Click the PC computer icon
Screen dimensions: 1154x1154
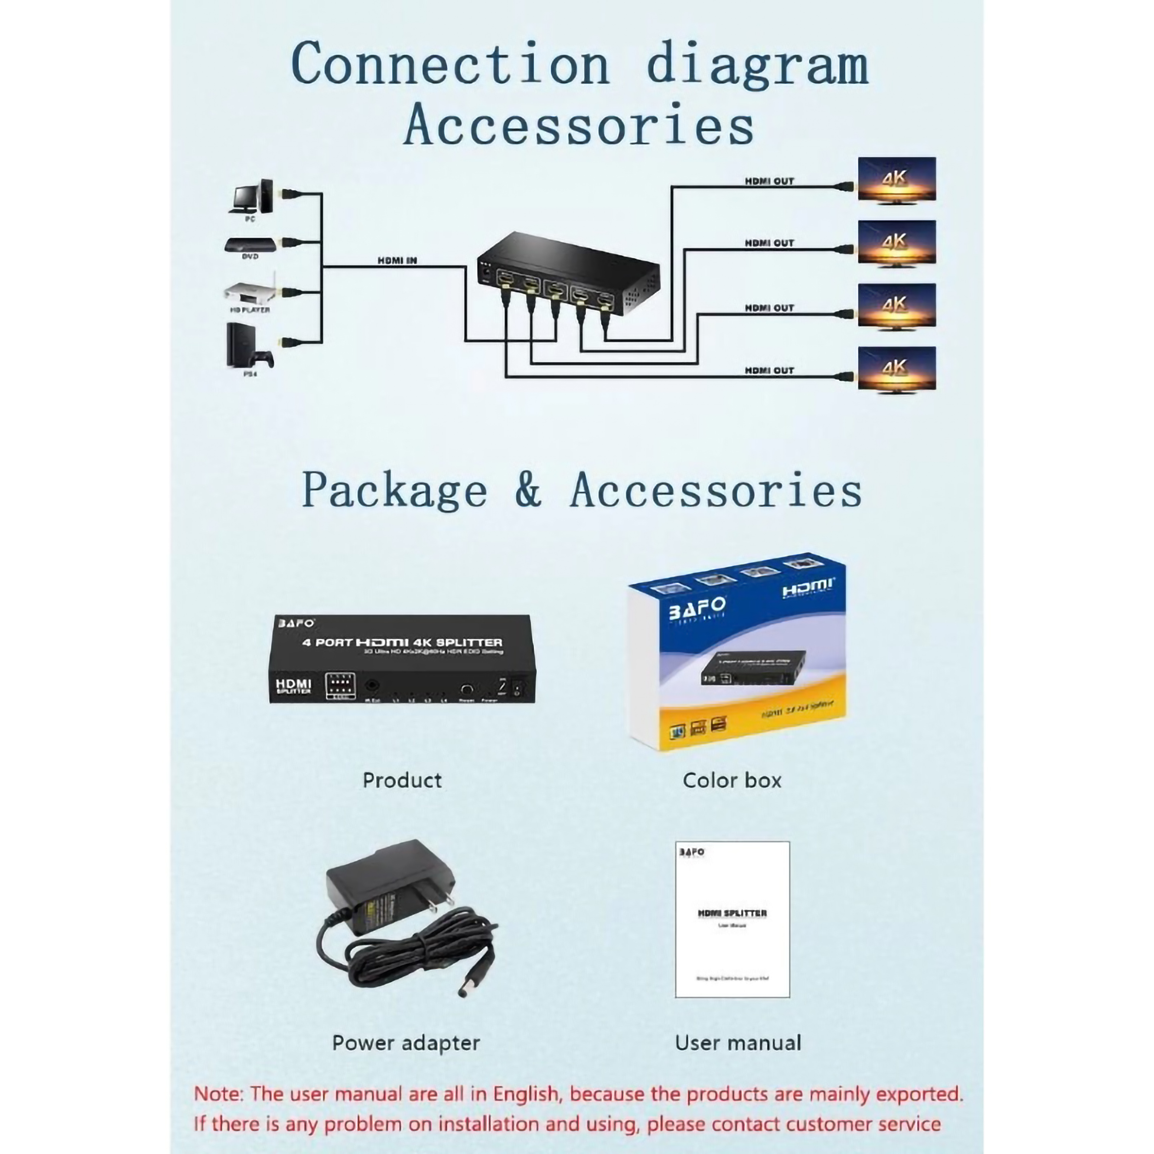point(251,196)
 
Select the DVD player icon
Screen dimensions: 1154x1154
point(250,244)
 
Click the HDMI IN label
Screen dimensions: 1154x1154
point(397,260)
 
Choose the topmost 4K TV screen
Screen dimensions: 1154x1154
point(897,179)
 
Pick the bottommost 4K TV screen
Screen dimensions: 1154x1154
point(897,369)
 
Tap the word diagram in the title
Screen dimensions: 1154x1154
point(757,64)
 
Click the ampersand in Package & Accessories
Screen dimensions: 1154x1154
point(528,490)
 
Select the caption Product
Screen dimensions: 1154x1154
point(402,780)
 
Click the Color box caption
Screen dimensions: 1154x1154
point(732,780)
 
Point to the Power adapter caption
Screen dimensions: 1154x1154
point(406,1043)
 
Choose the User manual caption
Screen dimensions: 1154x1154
point(738,1043)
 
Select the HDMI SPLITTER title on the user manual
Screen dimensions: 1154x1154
point(732,913)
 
